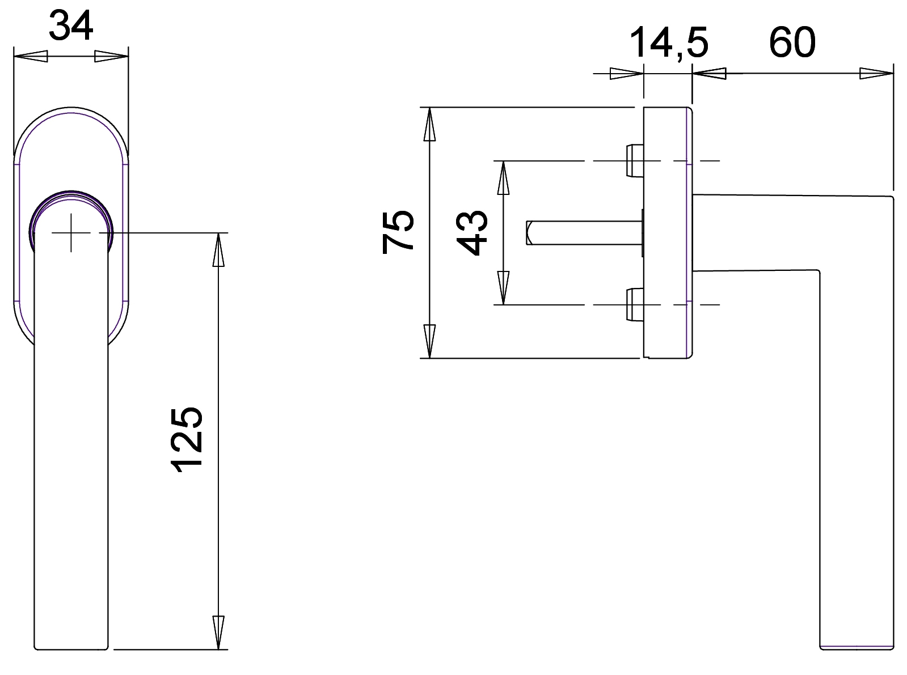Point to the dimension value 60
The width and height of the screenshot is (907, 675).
pyautogui.click(x=792, y=43)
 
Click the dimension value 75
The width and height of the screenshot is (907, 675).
pyautogui.click(x=398, y=231)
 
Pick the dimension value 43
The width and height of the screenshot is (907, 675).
pyautogui.click(x=472, y=233)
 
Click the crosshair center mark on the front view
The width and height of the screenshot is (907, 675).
pyautogui.click(x=71, y=233)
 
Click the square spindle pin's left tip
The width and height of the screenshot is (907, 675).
pyautogui.click(x=529, y=233)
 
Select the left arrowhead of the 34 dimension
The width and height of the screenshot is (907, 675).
pyautogui.click(x=29, y=57)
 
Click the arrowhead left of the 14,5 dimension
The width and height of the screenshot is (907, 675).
pyautogui.click(x=627, y=74)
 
